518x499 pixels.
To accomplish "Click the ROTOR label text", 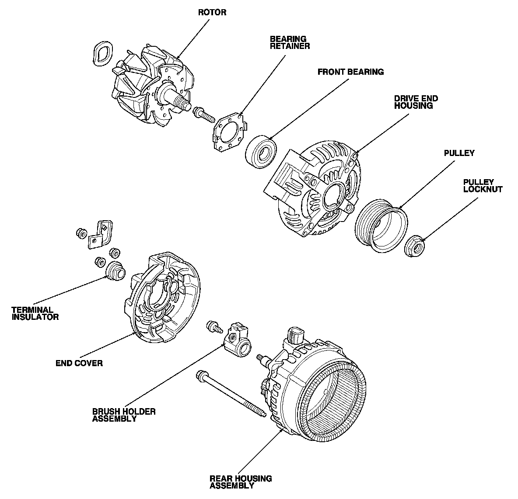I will point(212,12).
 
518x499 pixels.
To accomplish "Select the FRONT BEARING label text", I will point(350,72).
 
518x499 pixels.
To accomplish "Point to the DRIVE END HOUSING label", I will point(416,102).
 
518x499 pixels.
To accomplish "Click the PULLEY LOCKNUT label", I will point(482,186).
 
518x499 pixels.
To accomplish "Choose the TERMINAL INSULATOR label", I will point(35,313).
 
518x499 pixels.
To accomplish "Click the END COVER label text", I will point(79,363).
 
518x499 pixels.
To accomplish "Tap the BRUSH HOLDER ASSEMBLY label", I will point(118,415).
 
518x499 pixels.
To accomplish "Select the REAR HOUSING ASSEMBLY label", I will point(241,482).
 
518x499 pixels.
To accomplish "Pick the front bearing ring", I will point(261,152).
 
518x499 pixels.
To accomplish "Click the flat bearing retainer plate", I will point(227,133).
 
